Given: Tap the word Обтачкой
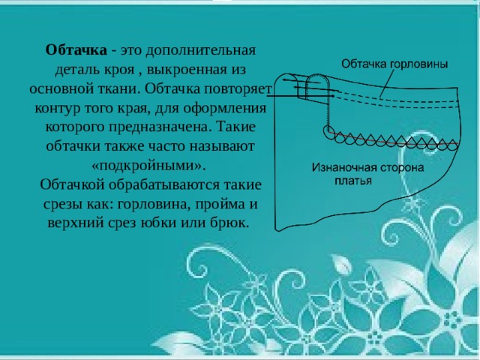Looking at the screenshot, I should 79,183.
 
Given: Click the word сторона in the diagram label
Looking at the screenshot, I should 403,166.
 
